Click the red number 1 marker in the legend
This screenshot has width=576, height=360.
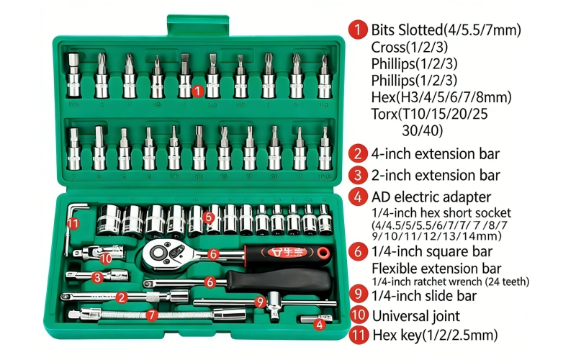pos(359,30)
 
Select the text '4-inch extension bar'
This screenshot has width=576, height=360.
pos(435,153)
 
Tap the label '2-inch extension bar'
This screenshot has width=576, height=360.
pos(435,175)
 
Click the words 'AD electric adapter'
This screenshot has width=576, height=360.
pos(431,197)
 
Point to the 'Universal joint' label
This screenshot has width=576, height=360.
pos(415,315)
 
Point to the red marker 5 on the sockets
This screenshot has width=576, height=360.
pos(209,215)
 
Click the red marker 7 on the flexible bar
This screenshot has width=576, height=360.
pos(151,315)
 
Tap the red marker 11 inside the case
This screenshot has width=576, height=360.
pos(73,223)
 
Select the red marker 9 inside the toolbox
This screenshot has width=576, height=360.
pos(261,302)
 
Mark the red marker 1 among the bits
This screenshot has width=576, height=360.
pos(199,91)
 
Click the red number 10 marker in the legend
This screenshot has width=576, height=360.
pos(359,315)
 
